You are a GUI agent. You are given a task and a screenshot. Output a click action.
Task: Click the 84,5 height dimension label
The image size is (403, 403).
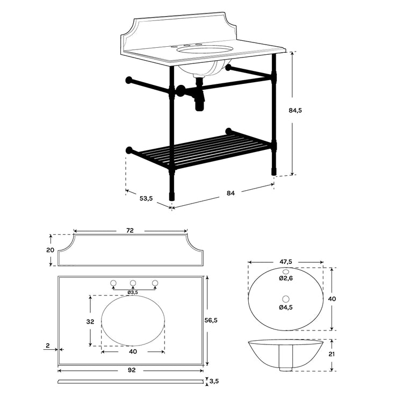coord(296,110)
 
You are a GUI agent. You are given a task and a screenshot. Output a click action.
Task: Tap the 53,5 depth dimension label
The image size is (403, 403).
coord(146,198)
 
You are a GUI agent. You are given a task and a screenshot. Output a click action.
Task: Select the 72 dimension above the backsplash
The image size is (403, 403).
coord(130,231)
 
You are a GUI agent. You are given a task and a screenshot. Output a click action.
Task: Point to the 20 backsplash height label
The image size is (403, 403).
coord(50,250)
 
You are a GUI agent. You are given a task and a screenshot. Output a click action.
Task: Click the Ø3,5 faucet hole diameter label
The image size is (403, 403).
coord(133,292)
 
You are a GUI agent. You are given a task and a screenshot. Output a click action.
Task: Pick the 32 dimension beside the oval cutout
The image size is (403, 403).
coord(90,322)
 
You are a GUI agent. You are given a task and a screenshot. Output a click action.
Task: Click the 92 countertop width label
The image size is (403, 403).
coord(131,370)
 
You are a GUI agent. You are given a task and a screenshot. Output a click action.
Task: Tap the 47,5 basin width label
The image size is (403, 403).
coord(286,262)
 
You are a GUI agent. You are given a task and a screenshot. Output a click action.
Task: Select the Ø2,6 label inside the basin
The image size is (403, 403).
coord(286,278)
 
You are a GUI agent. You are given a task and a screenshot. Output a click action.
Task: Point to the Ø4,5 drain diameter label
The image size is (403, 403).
coord(286,307)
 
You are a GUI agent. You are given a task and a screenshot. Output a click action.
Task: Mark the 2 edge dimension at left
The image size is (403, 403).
coord(48,347)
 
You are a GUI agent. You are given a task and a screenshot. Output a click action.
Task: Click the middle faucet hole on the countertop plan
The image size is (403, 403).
coord(133,283)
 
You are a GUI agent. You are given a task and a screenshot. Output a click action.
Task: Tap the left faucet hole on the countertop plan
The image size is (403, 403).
coord(113,283)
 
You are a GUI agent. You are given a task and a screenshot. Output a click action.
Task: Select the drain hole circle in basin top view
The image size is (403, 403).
coord(286,298)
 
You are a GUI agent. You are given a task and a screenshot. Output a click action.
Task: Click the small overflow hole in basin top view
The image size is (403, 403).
coord(286,271)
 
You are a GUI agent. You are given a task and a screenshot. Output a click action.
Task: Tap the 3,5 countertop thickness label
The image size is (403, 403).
coord(214,382)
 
